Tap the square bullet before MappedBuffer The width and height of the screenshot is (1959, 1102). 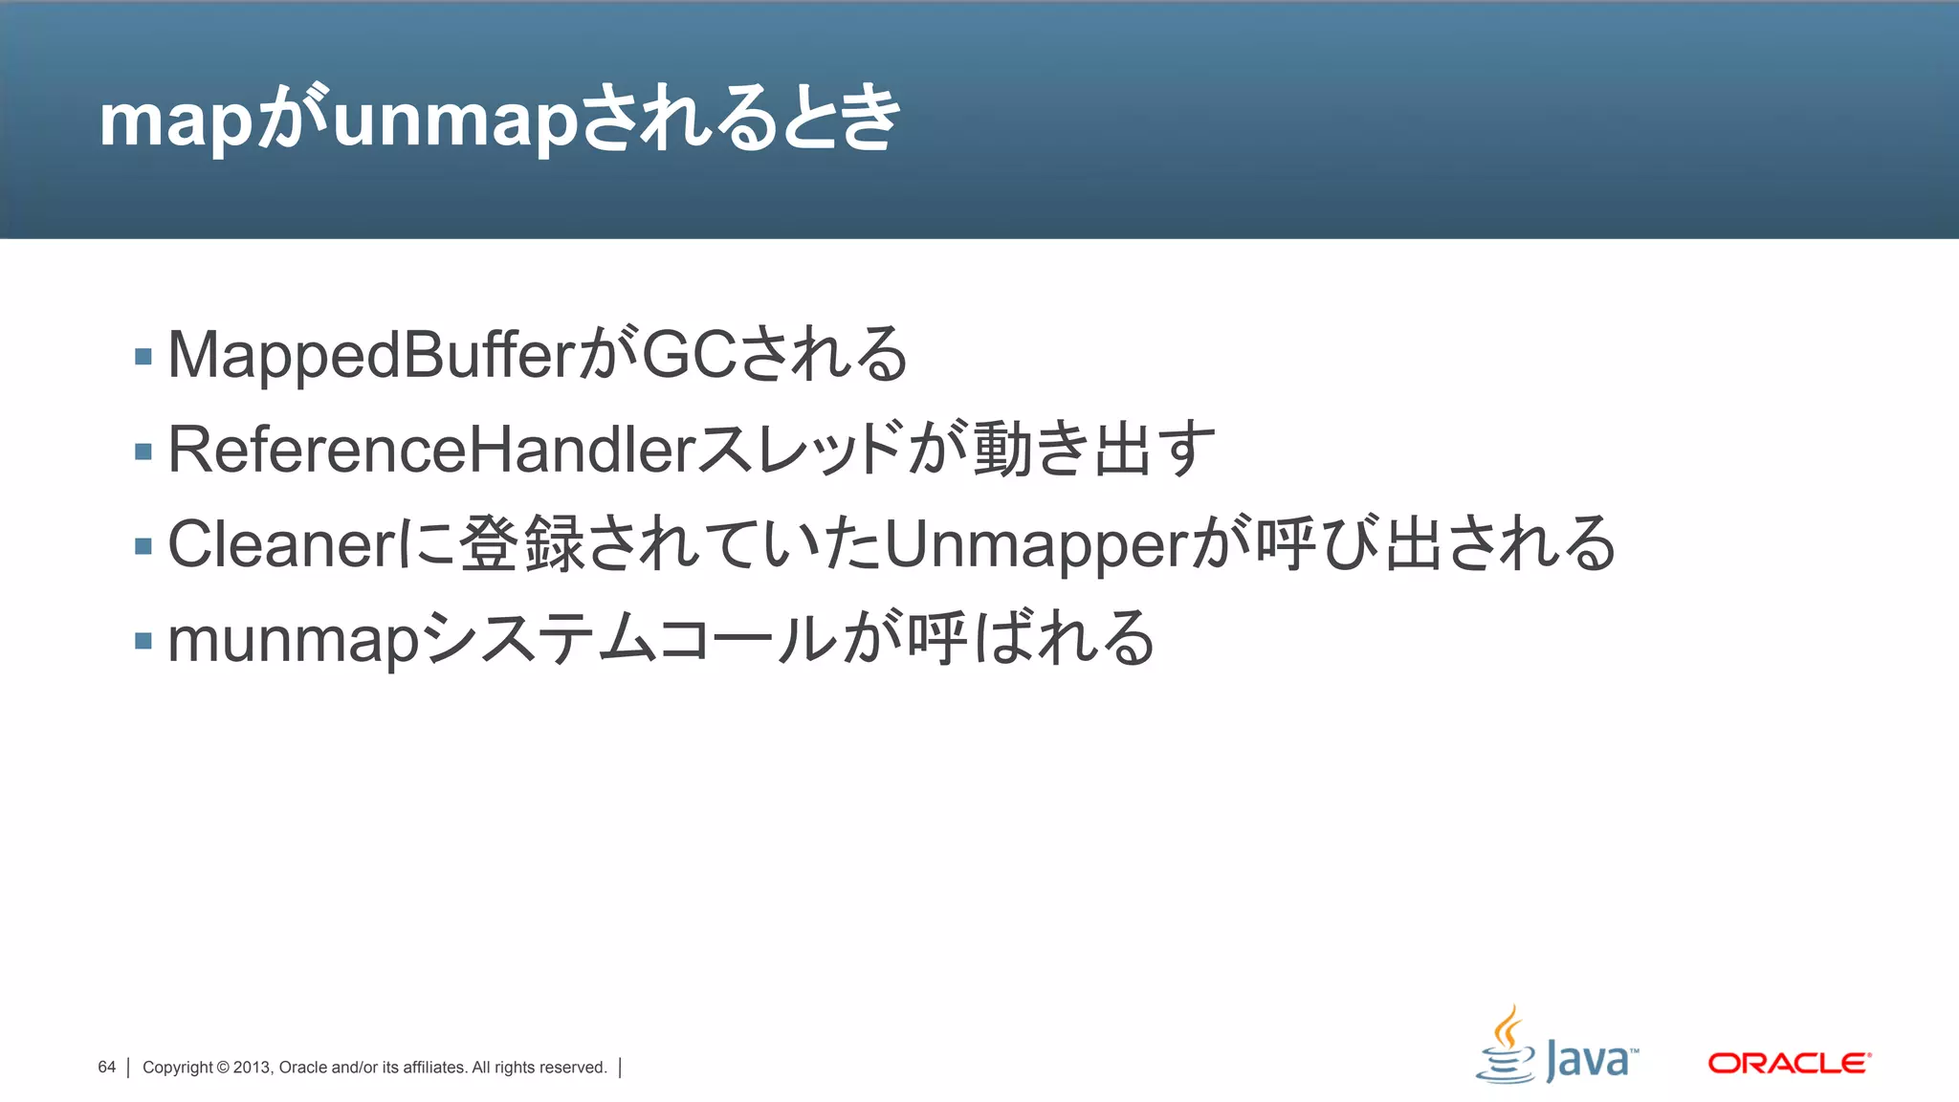pyautogui.click(x=143, y=357)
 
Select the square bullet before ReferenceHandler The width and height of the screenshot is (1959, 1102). pyautogui.click(x=143, y=452)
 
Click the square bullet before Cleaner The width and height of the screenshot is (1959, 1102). pyautogui.click(x=143, y=546)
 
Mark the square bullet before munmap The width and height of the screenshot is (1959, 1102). pyautogui.click(x=143, y=641)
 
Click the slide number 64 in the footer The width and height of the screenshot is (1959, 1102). pyautogui.click(x=106, y=1067)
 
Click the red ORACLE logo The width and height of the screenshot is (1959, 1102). pyautogui.click(x=1789, y=1063)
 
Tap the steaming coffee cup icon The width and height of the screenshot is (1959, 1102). pyautogui.click(x=1507, y=1047)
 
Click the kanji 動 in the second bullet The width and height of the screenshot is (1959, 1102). pyautogui.click(x=1002, y=449)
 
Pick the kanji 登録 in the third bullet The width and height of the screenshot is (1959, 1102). pyautogui.click(x=521, y=543)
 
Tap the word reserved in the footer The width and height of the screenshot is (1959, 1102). pyautogui.click(x=570, y=1068)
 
